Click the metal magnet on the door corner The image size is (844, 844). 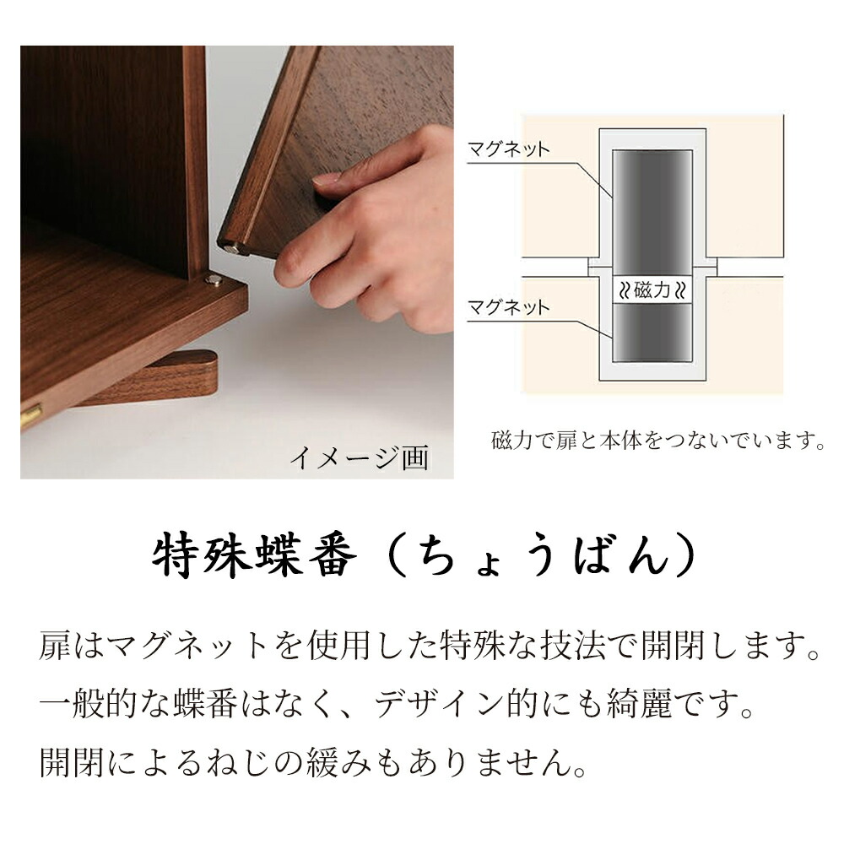(231, 246)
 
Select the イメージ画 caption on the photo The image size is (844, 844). (360, 457)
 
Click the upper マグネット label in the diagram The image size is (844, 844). (508, 150)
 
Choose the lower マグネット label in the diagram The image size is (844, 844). (508, 306)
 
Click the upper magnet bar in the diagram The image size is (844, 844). (652, 211)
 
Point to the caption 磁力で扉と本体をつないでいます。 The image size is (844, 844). (657, 441)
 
